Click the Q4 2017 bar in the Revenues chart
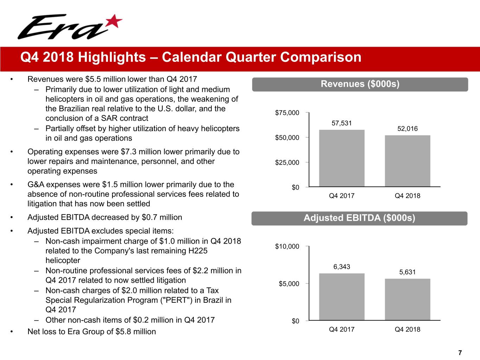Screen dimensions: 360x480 tap(341, 158)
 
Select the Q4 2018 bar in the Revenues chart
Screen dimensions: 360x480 tap(407, 161)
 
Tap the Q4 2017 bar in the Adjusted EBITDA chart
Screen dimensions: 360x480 tap(341, 297)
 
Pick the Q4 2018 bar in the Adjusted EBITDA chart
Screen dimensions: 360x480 tap(407, 300)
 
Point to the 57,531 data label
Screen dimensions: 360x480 tap(341, 123)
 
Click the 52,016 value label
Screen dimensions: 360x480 tap(407, 129)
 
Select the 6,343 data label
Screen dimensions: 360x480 tap(341, 267)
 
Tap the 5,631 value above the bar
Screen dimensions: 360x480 tap(407, 272)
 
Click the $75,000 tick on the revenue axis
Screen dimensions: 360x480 tap(287, 113)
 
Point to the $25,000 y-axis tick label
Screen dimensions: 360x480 tap(287, 162)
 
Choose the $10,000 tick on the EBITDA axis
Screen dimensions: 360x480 tap(287, 246)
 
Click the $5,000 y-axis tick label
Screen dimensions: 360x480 tap(289, 284)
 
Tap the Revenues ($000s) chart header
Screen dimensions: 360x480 tap(360, 84)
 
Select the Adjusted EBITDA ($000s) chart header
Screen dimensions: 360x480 tap(359, 218)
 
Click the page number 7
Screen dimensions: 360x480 tap(460, 353)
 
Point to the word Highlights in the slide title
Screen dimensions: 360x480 tap(112, 57)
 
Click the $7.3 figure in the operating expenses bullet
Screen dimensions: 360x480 tap(128, 152)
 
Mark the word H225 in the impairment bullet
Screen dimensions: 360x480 tap(197, 251)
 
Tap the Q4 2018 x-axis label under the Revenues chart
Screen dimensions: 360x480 tap(407, 196)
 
